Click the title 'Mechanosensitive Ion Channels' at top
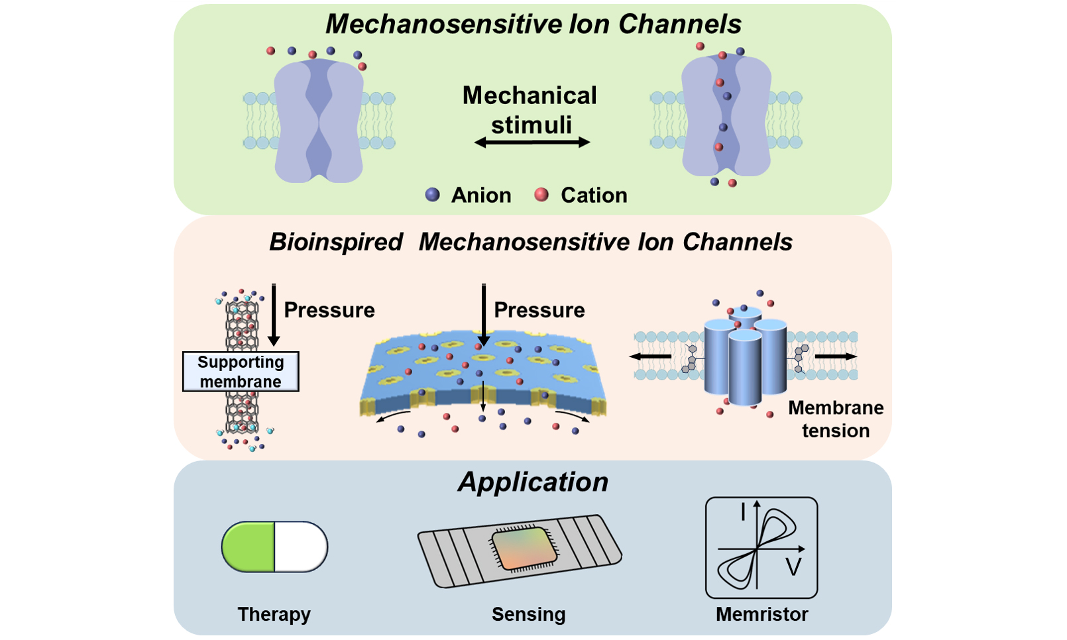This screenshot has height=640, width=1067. (x=533, y=25)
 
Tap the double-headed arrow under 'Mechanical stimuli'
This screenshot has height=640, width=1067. (x=532, y=142)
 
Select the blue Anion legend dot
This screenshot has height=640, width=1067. (x=432, y=194)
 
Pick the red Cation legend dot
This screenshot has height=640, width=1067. (x=541, y=194)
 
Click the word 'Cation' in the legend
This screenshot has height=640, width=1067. (x=594, y=195)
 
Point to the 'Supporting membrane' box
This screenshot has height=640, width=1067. (x=241, y=372)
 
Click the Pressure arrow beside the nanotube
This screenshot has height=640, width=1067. (x=274, y=315)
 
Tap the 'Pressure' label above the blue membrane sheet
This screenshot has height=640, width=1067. (x=539, y=310)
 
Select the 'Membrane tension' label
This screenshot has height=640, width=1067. (x=836, y=419)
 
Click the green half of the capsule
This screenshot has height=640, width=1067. (x=249, y=547)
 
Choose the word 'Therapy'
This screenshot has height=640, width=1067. (x=274, y=614)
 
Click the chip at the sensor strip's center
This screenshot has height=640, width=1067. (x=522, y=549)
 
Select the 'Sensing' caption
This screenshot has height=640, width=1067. (x=528, y=614)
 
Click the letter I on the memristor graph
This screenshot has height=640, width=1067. (x=743, y=511)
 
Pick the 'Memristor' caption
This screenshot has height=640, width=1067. (x=761, y=614)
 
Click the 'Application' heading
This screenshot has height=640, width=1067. (x=533, y=482)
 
